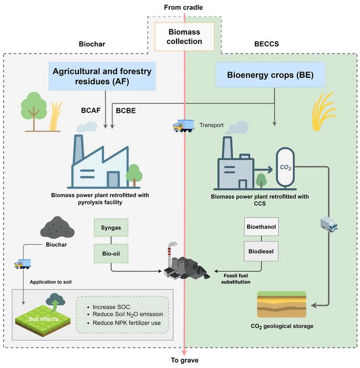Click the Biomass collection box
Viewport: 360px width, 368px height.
(x=184, y=36)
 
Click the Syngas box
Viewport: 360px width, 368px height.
(x=111, y=227)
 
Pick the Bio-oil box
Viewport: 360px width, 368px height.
(x=111, y=254)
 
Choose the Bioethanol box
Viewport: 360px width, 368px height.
(x=261, y=228)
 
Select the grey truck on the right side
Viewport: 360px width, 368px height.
(x=328, y=224)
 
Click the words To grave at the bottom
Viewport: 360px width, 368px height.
(x=184, y=360)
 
